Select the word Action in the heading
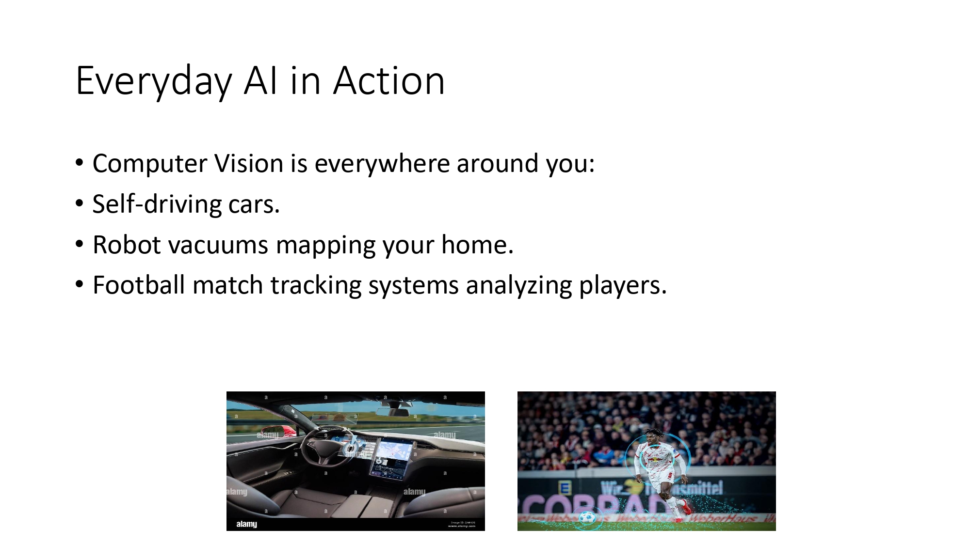tap(388, 81)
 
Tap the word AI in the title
tap(260, 81)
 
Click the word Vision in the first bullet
tap(249, 163)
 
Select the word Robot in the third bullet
tap(127, 245)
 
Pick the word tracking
tap(316, 285)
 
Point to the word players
tap(623, 285)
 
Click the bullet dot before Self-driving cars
tap(80, 204)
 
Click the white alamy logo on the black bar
tap(246, 524)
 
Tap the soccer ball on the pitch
tap(586, 517)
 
